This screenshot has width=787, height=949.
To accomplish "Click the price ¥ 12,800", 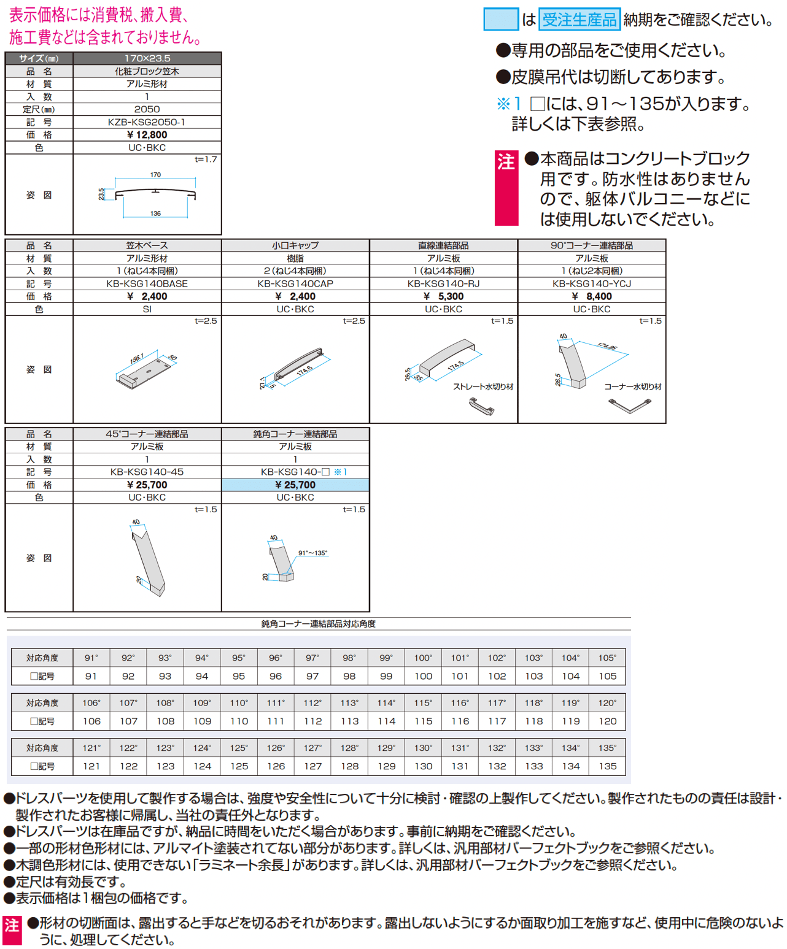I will coord(147,135).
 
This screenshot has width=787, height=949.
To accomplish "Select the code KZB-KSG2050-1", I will coord(147,122).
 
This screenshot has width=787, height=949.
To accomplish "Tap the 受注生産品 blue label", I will coord(579,20).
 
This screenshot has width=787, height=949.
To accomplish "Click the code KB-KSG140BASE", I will coord(147,284).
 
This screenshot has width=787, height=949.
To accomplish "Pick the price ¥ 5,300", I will coord(443,296).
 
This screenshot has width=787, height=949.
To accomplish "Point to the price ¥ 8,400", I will coord(592,296).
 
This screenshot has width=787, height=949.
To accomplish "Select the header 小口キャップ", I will coord(295,245).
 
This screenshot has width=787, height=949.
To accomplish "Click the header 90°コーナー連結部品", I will coord(592,245).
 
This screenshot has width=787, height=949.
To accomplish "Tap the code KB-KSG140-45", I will coord(147,472).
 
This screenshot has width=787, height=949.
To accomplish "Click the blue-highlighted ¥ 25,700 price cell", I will coord(295,485).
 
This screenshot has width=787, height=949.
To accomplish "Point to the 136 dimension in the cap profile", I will coord(155,213).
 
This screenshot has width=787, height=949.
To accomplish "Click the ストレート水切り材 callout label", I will coord(483,386).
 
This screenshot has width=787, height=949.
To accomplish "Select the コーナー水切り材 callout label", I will coord(632,386).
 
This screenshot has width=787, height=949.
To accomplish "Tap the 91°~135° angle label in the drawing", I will coord(312,553).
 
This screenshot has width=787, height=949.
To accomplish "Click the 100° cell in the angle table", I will coord(423,658).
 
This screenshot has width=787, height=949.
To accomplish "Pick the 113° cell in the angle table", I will coord(349,703).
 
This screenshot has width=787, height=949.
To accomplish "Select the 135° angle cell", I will coord(607,748).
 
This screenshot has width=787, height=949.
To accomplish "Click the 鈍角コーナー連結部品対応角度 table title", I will coord(318,624).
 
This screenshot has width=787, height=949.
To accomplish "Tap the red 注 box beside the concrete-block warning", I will coord(506,187).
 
